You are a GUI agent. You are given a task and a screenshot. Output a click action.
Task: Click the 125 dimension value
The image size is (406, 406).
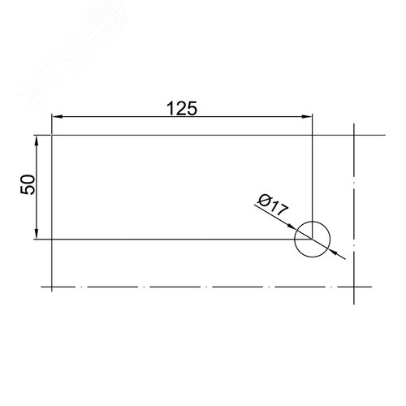pos(182,109)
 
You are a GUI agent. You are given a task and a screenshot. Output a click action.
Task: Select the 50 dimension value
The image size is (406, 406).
pos(28,184)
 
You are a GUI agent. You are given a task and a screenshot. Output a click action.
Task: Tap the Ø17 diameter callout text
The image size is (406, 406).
pos(273,205)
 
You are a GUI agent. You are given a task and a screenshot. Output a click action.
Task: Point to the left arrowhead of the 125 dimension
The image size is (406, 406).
pos(57,117)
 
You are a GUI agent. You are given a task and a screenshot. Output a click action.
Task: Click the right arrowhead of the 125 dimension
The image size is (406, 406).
pos(307,117)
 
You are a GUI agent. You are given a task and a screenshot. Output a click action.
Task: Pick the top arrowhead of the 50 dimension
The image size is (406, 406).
pos(37,140)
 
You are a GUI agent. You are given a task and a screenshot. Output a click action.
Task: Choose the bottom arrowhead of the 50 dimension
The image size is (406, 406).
pos(37,234)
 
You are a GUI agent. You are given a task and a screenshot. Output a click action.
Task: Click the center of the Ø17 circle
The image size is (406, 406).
pos(313,239)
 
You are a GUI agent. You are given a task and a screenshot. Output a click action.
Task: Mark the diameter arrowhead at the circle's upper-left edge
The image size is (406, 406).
pos(292,227)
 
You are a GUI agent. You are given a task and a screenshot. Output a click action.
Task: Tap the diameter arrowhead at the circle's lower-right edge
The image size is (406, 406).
pos(333,252)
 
